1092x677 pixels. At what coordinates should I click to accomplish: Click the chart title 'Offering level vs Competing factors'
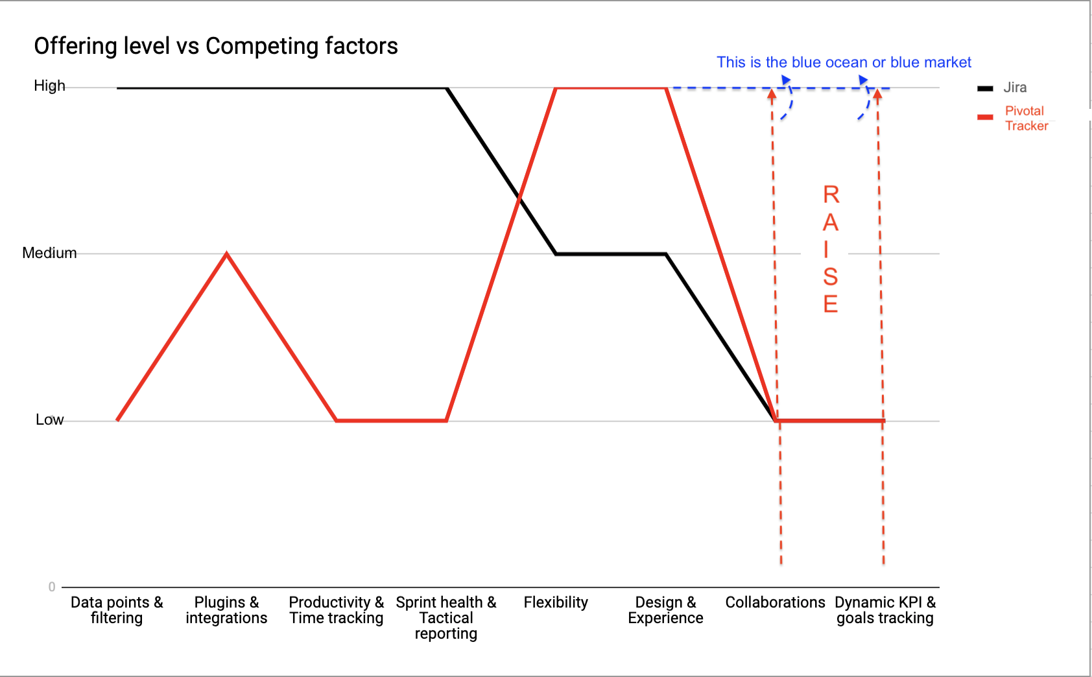[x=215, y=46]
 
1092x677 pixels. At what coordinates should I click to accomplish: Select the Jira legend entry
[x=1014, y=88]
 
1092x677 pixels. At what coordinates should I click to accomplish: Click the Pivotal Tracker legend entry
[x=1025, y=118]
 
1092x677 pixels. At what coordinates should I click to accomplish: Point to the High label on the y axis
[x=49, y=86]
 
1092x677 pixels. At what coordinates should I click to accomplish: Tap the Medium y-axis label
[x=49, y=253]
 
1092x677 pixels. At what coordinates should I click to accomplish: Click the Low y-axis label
[x=49, y=420]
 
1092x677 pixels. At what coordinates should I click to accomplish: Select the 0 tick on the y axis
[x=52, y=587]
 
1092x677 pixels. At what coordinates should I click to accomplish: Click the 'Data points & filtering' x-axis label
[x=117, y=610]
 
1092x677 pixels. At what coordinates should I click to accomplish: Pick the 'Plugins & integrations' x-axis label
[x=226, y=610]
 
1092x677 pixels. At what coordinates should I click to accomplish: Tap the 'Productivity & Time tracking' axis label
[x=337, y=610]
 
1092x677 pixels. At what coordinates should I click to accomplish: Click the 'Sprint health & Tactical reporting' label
[x=446, y=617]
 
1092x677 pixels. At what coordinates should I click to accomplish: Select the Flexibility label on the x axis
[x=556, y=602]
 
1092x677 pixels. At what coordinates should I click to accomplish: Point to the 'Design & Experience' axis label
[x=665, y=610]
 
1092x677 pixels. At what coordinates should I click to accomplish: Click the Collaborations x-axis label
[x=775, y=602]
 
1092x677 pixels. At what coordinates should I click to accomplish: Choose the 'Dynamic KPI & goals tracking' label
[x=885, y=610]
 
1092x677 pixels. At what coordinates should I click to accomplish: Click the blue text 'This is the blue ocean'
[x=843, y=62]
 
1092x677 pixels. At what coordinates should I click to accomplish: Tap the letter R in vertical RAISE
[x=831, y=195]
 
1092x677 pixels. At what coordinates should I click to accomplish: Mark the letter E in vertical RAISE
[x=831, y=303]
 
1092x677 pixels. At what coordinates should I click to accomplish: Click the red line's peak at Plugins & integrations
[x=226, y=254]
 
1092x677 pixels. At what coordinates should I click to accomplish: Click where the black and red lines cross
[x=519, y=197]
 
